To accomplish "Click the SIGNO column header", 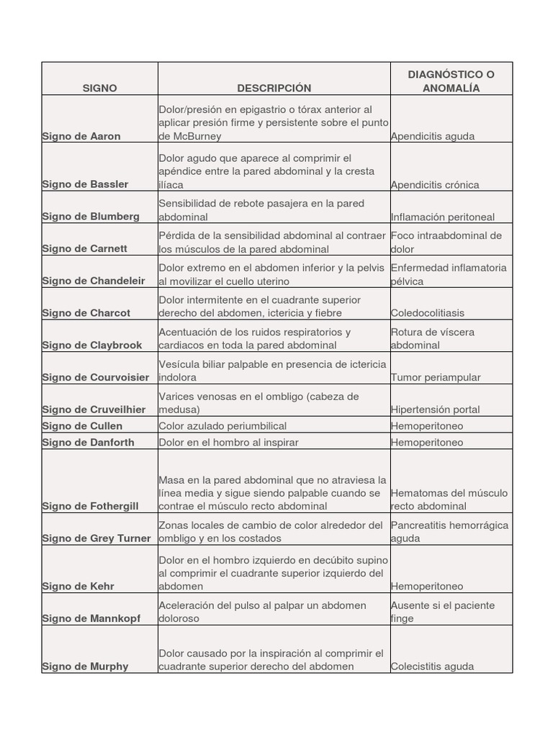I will point(99,88).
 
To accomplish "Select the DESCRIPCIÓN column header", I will point(274,88).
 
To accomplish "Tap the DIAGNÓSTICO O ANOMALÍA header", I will point(451,81).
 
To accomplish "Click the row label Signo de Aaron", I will point(81,136).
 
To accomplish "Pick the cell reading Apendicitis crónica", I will point(434,184).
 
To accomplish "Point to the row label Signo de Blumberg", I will point(91,217).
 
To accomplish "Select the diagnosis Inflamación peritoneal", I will point(442,217).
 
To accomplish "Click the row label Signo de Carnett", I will point(84,248).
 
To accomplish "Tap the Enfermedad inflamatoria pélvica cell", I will point(449,273).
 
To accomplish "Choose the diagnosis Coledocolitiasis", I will point(428,313).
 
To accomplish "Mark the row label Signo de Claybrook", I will point(92,345).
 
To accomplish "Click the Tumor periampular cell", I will point(436,377).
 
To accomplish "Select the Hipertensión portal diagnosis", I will point(435,410).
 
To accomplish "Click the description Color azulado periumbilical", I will point(222,425).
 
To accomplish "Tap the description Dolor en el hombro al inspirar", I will point(228,442).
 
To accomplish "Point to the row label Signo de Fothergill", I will point(90,506).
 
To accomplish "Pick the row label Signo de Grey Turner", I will point(96,538).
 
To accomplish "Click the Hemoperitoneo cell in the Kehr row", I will point(427,587).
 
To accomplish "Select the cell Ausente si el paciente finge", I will point(443,612).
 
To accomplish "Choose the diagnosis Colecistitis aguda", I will point(432,666).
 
